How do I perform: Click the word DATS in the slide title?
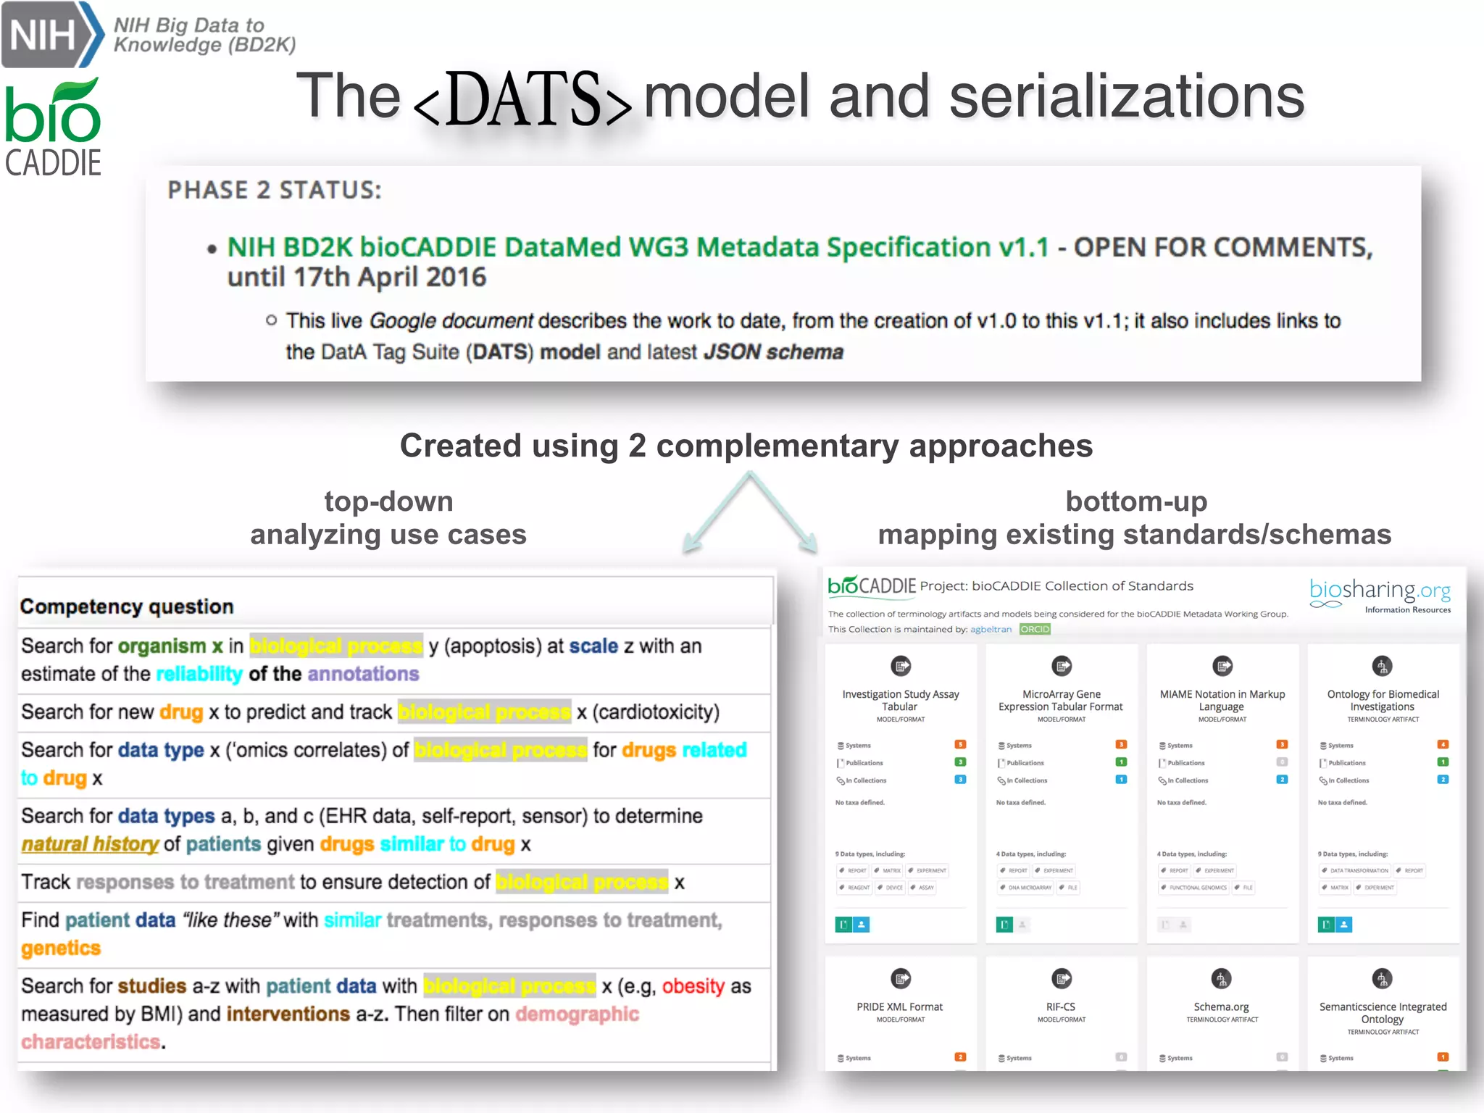(x=523, y=99)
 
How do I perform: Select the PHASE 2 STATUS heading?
(x=274, y=190)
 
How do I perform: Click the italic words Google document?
(x=451, y=320)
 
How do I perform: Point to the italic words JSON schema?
(x=774, y=352)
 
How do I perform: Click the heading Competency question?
(x=127, y=606)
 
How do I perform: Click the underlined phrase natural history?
(x=90, y=844)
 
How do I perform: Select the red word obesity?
(x=693, y=986)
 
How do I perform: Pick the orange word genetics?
(x=61, y=948)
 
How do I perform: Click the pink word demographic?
(x=577, y=1014)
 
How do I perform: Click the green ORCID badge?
(x=1034, y=629)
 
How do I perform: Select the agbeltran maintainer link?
(x=991, y=629)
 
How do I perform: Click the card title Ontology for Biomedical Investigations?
(x=1383, y=700)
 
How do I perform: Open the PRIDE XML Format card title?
(x=899, y=1006)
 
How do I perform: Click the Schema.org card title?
(x=1221, y=1006)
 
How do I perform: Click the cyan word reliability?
(x=199, y=674)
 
